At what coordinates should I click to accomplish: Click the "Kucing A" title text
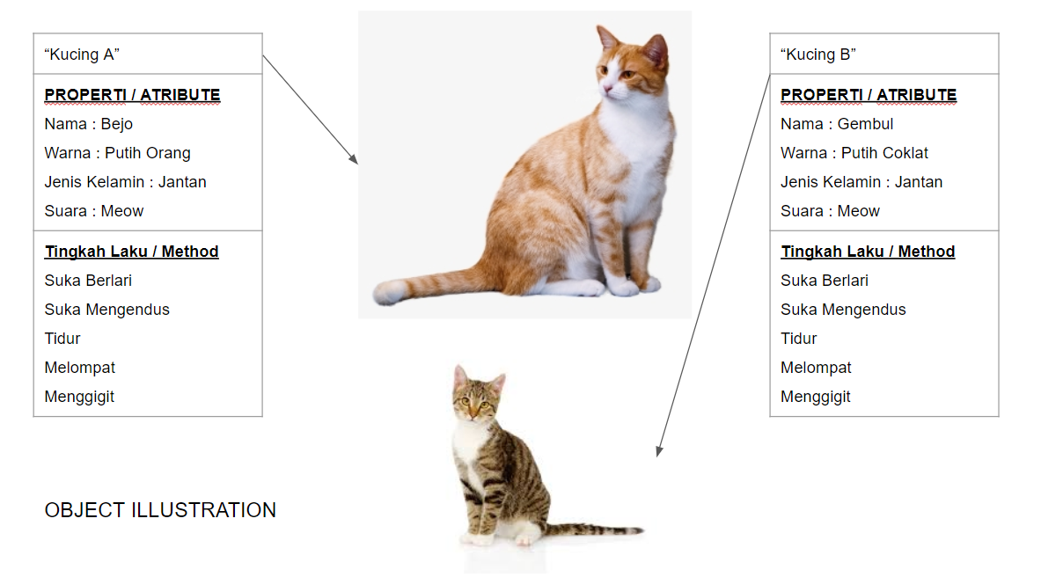[82, 55]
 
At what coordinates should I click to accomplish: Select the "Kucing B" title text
[818, 55]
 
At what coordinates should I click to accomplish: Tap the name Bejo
[117, 124]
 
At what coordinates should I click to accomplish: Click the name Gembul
[865, 124]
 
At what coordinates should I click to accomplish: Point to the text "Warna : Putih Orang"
[118, 153]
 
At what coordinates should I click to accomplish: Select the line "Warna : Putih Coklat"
[854, 153]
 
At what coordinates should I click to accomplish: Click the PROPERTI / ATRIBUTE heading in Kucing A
[132, 95]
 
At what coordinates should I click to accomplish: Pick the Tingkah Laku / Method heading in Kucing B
[868, 252]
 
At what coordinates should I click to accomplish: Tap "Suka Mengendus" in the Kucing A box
[106, 310]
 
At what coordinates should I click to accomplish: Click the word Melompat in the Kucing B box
[816, 368]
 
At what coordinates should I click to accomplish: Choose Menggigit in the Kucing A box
[80, 397]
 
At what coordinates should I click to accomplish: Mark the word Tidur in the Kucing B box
[799, 339]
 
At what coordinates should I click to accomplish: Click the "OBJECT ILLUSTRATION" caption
[160, 510]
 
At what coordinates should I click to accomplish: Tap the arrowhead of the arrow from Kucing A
[354, 159]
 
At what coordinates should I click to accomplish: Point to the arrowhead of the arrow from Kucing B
[658, 451]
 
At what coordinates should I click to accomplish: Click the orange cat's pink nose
[606, 88]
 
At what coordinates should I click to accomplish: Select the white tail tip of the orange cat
[388, 292]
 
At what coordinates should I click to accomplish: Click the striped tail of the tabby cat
[594, 530]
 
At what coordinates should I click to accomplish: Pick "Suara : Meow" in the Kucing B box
[830, 211]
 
